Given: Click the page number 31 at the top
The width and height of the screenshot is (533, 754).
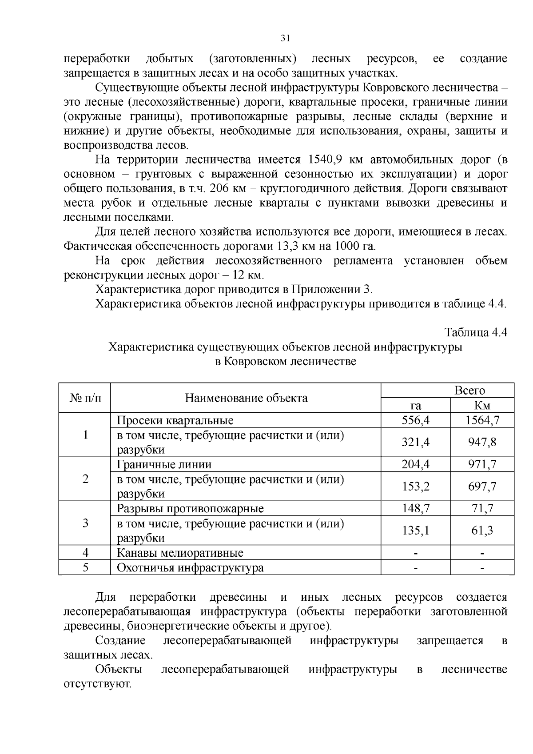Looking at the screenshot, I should click(286, 38).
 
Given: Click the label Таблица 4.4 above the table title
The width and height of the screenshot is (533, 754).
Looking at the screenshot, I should click(476, 332).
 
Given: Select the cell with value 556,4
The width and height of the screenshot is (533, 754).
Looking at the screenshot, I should click(415, 420).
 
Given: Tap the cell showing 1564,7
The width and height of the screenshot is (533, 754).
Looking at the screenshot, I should click(482, 420).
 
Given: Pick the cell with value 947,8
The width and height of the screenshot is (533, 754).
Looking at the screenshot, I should click(482, 442).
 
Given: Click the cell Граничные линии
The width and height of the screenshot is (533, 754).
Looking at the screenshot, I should click(164, 464).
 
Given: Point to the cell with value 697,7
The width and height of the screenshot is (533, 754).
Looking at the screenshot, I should click(482, 486).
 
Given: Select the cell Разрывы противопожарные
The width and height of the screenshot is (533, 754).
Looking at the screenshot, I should click(190, 508).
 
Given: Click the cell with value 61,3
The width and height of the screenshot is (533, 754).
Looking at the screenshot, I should click(482, 530).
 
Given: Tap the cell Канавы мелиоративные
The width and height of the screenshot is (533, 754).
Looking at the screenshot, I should click(180, 553).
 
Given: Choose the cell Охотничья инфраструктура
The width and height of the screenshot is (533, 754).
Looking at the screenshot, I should click(190, 567).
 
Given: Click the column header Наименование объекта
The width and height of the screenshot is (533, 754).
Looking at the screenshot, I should click(246, 398).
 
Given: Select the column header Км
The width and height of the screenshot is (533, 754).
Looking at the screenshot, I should click(482, 405).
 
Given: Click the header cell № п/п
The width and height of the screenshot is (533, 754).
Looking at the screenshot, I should click(84, 398).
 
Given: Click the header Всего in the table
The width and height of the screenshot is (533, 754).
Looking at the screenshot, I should click(469, 390).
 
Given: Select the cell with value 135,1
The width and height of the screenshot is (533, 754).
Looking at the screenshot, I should click(415, 530).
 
